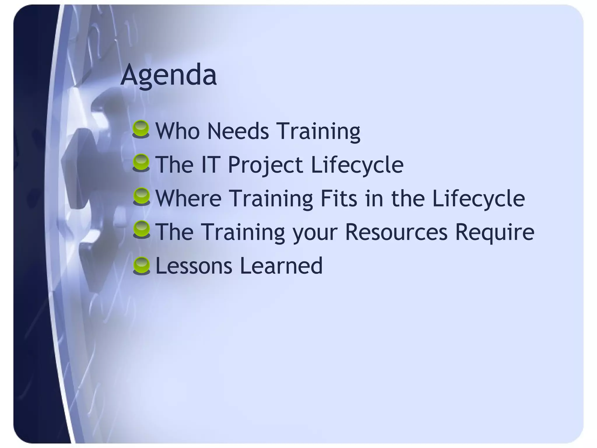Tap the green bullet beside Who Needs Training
click(141, 129)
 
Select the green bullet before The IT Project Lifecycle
click(141, 163)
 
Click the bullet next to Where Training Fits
click(141, 197)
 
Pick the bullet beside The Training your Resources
click(141, 230)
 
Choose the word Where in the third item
click(189, 198)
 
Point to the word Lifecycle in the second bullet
click(357, 165)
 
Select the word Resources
click(396, 232)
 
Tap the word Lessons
click(194, 266)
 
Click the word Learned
click(281, 266)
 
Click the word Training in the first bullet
click(318, 132)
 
